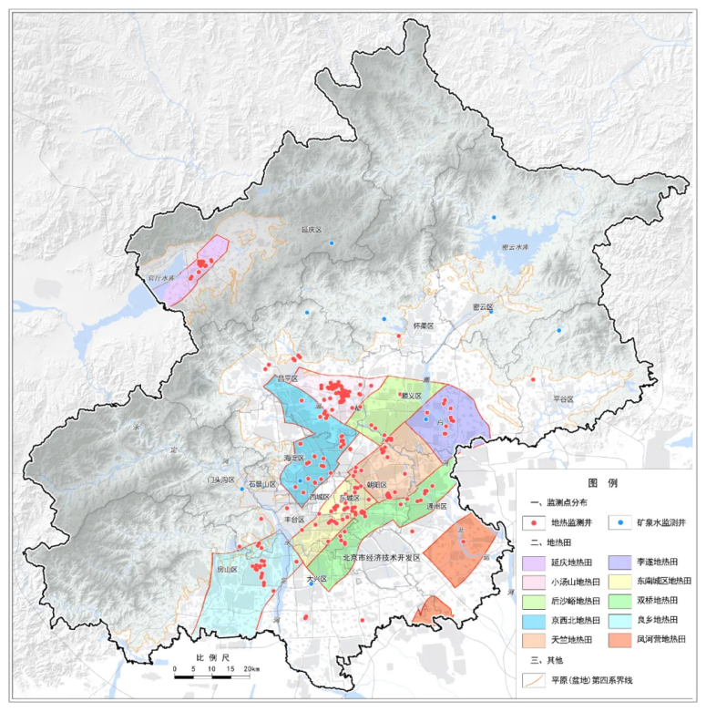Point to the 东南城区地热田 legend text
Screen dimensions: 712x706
[x=660, y=583]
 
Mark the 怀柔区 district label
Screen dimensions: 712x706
[x=424, y=325]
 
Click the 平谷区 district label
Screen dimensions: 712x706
[x=565, y=398]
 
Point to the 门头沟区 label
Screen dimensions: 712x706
[x=221, y=480]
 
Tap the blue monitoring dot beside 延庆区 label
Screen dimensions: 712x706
[x=333, y=242]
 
